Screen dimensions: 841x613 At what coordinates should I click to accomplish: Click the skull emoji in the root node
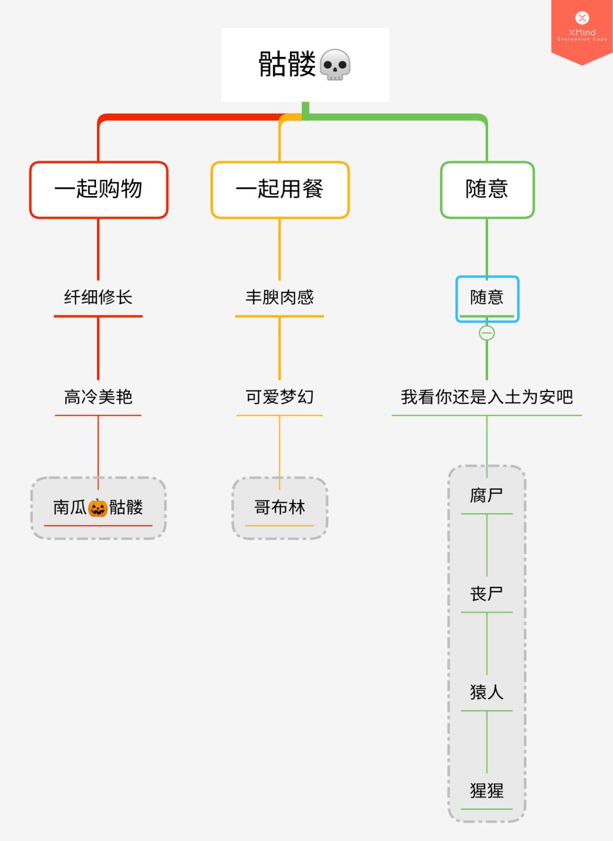point(335,65)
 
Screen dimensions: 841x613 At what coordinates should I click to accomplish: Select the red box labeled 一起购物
point(99,189)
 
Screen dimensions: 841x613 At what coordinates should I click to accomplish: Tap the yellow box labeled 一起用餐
point(280,189)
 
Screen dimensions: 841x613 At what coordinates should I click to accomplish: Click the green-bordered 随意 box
point(487,189)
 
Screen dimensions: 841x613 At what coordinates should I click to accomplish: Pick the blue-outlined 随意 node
point(487,298)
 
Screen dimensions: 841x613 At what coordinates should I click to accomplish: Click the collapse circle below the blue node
point(487,333)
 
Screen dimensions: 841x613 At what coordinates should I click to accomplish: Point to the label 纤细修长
point(98,297)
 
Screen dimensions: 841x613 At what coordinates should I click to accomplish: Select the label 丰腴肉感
point(280,297)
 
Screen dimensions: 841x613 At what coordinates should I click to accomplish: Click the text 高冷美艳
point(98,397)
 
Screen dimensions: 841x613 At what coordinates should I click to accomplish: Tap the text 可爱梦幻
point(280,397)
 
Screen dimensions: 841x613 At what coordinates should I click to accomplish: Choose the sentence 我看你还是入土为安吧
point(487,397)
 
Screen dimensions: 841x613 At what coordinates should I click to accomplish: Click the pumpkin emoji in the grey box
point(98,507)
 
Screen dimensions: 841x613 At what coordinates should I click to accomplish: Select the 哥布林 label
point(280,507)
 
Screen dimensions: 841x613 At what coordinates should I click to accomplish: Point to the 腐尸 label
point(487,496)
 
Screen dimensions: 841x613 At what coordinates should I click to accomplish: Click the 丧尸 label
point(487,594)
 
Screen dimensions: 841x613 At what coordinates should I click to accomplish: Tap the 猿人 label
point(487,692)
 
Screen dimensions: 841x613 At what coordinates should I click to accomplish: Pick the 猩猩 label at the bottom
point(487,790)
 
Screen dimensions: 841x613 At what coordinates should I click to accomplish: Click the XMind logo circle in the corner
point(582,18)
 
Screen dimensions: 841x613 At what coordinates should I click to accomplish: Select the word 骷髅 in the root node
point(287,64)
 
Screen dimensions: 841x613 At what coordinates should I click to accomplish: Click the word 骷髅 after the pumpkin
point(126,507)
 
